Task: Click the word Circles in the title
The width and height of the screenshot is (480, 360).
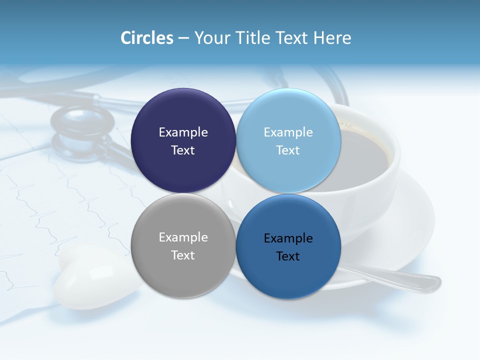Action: pos(147,38)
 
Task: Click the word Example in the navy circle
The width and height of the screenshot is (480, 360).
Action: pos(183,132)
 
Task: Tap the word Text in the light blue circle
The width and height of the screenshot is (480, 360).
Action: pos(288,150)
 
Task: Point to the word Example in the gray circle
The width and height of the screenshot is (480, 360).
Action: pos(183,237)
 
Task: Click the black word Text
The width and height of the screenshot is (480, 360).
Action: pos(288,256)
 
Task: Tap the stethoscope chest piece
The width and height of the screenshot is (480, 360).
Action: pos(82,127)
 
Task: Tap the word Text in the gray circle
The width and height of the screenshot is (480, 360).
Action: pos(183,255)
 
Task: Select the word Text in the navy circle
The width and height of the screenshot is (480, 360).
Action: pos(183,150)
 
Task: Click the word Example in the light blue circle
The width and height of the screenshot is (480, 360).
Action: pos(288,132)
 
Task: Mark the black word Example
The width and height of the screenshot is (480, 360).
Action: pos(288,238)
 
